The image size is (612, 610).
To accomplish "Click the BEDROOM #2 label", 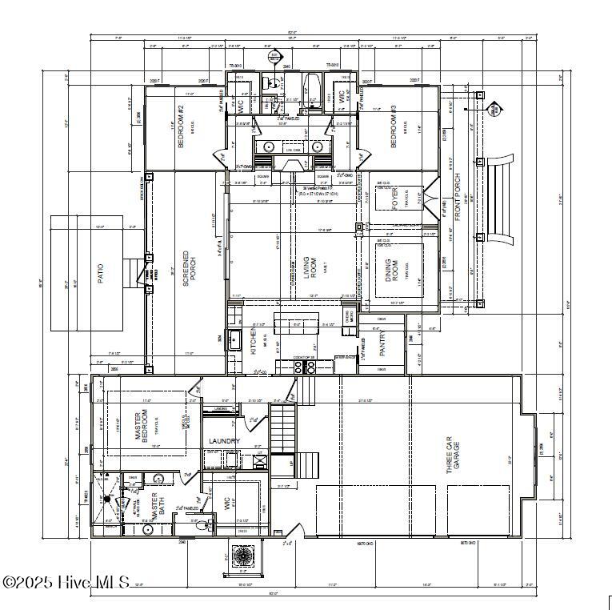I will (181, 130).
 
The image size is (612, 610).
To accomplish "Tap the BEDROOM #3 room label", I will (394, 130).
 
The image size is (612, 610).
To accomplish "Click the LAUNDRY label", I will (225, 441).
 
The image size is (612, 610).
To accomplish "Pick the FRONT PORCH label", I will (458, 197).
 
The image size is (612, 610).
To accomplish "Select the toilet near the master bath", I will (207, 526).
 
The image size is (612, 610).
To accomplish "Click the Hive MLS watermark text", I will (66, 583).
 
